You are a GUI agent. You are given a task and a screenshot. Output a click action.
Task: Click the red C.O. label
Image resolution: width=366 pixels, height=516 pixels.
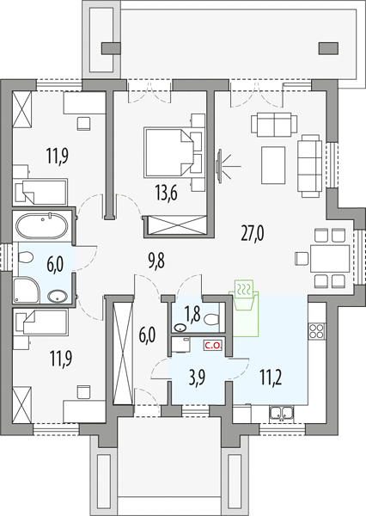click(214, 346)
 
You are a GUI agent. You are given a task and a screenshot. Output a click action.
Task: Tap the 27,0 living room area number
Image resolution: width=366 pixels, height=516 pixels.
click(253, 233)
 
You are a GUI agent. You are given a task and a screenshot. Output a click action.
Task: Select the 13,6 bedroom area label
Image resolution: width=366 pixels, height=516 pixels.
click(167, 193)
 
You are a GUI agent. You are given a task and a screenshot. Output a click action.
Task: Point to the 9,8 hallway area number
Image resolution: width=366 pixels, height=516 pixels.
click(156, 261)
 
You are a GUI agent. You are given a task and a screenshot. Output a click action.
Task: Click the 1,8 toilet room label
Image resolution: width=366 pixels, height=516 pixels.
click(192, 314)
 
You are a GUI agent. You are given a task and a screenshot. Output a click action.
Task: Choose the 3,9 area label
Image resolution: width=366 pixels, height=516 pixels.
click(198, 378)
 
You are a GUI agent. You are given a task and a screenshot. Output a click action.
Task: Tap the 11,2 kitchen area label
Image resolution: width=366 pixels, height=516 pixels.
click(271, 378)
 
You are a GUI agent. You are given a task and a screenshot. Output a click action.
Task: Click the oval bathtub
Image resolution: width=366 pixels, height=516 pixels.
click(42, 226)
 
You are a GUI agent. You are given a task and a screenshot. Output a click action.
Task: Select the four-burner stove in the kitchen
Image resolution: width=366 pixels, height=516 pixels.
click(317, 331)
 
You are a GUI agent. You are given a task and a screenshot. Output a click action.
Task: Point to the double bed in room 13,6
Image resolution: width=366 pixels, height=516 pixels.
click(168, 152)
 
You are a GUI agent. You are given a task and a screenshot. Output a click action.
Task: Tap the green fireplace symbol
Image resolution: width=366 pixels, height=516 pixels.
click(244, 309)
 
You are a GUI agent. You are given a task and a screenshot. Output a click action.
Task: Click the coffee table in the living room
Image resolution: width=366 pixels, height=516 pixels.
click(273, 165)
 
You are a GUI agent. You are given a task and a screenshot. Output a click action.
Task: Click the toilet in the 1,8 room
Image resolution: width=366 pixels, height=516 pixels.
click(211, 319)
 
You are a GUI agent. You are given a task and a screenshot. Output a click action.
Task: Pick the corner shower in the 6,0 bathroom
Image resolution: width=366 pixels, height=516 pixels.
click(27, 291)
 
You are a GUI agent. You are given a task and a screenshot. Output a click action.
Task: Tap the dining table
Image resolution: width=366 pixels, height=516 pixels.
click(330, 258)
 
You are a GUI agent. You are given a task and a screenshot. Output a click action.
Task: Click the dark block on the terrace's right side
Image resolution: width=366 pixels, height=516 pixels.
click(328, 48)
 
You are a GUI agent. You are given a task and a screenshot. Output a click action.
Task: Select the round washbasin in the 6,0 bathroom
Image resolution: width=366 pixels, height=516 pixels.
click(58, 296)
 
